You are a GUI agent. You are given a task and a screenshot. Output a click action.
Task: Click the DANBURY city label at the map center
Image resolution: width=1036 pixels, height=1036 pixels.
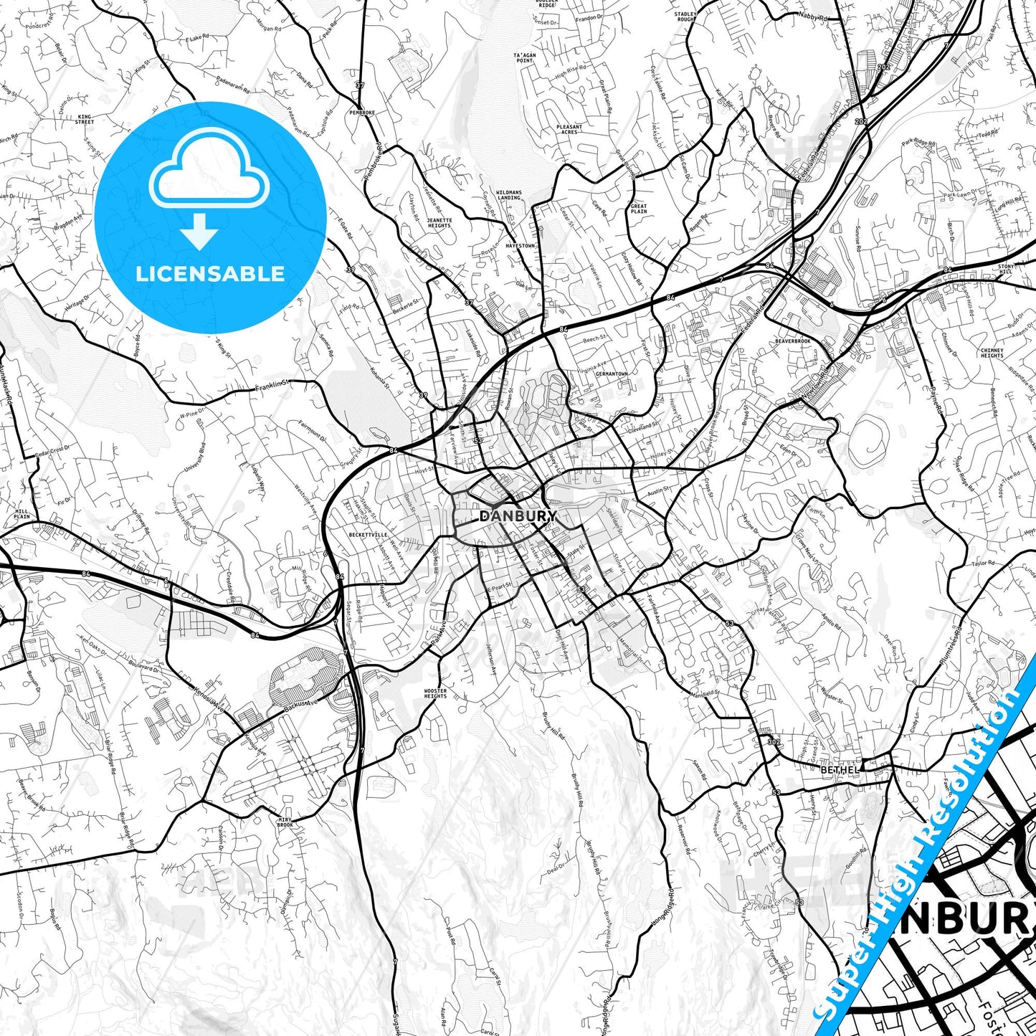[518, 516]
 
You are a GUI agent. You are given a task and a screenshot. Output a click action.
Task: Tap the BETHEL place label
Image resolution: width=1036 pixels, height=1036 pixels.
[840, 770]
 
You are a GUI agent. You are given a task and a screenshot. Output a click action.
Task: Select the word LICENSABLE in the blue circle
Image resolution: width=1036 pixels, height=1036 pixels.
[210, 274]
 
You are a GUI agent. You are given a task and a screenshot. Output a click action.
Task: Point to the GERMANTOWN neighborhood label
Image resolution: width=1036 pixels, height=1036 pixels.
[611, 374]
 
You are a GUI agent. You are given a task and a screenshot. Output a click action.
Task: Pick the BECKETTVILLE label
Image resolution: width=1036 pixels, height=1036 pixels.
[368, 535]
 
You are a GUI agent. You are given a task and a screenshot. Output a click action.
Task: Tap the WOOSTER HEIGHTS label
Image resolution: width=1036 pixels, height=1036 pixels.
[435, 693]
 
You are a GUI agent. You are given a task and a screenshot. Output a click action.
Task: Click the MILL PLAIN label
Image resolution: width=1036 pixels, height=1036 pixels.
[22, 513]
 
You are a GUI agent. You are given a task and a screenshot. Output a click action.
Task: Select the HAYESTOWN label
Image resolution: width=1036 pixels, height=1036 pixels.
[520, 245]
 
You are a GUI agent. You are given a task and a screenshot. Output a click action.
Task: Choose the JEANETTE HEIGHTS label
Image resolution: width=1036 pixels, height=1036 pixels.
[439, 222]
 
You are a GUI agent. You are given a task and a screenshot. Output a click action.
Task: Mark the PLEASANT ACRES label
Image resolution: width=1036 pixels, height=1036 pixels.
[569, 129]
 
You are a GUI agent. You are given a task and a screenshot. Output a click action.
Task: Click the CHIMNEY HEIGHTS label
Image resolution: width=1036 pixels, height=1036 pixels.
[992, 353]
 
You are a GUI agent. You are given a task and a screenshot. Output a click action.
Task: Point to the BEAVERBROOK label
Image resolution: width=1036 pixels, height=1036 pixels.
[792, 341]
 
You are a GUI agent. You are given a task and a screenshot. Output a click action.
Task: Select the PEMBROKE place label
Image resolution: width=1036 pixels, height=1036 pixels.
[362, 113]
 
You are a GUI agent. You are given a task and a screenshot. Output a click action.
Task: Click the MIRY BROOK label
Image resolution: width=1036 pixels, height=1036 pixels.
[285, 822]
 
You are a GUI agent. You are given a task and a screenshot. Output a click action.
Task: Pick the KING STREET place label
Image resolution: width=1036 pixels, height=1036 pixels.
[85, 119]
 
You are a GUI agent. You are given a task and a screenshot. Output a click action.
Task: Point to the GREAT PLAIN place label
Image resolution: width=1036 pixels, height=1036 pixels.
[638, 209]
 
